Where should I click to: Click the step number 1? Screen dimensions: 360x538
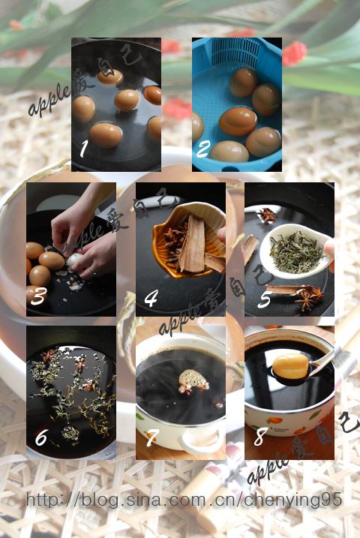[83, 149]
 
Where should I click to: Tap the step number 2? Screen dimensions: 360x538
[203, 149]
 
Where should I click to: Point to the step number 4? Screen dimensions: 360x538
[151, 298]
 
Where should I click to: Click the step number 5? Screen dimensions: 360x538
[264, 299]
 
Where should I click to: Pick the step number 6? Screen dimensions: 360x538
[40, 437]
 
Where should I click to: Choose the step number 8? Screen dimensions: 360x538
[260, 437]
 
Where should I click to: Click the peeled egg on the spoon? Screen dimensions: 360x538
[290, 366]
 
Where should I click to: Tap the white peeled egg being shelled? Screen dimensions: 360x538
[75, 260]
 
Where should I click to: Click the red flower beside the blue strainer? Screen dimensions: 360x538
[294, 53]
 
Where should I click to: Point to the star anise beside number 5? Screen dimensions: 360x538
[309, 297]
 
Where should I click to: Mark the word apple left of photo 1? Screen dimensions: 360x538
[48, 101]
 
